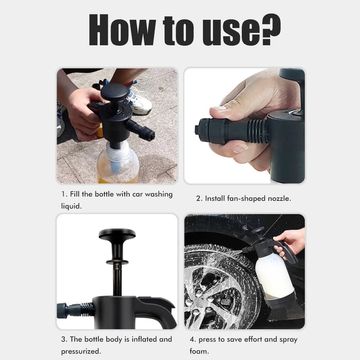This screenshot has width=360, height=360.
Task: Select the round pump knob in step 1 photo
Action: tap(114, 91)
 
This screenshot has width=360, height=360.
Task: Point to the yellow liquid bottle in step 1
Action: tap(117, 164)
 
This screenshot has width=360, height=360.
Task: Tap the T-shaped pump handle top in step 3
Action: tap(117, 234)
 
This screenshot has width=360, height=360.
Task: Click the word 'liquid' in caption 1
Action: tap(71, 206)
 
